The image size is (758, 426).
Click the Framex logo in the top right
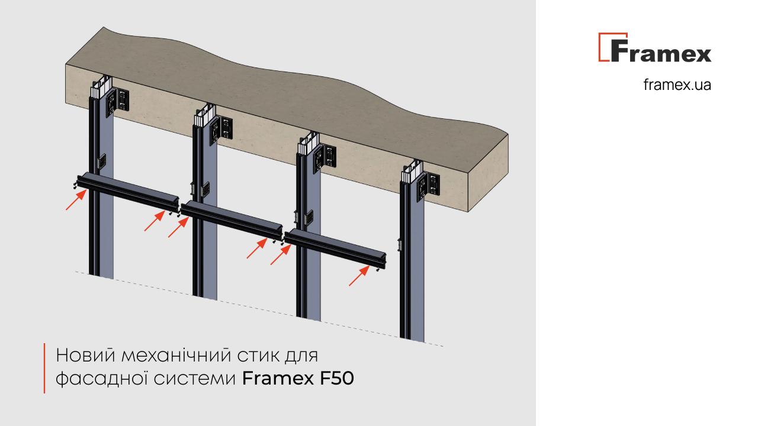[655, 47]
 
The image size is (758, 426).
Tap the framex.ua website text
[677, 85]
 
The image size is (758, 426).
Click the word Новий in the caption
[86, 355]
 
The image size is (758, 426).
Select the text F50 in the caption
[337, 378]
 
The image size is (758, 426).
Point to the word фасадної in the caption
[101, 379]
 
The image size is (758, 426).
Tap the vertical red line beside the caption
[44, 368]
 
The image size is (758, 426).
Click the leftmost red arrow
[76, 200]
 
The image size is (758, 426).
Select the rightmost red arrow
[359, 276]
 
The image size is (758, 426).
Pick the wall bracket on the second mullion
[221, 131]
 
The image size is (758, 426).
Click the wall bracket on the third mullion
[325, 159]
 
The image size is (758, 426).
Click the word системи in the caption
[195, 379]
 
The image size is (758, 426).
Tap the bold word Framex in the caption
[278, 378]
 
